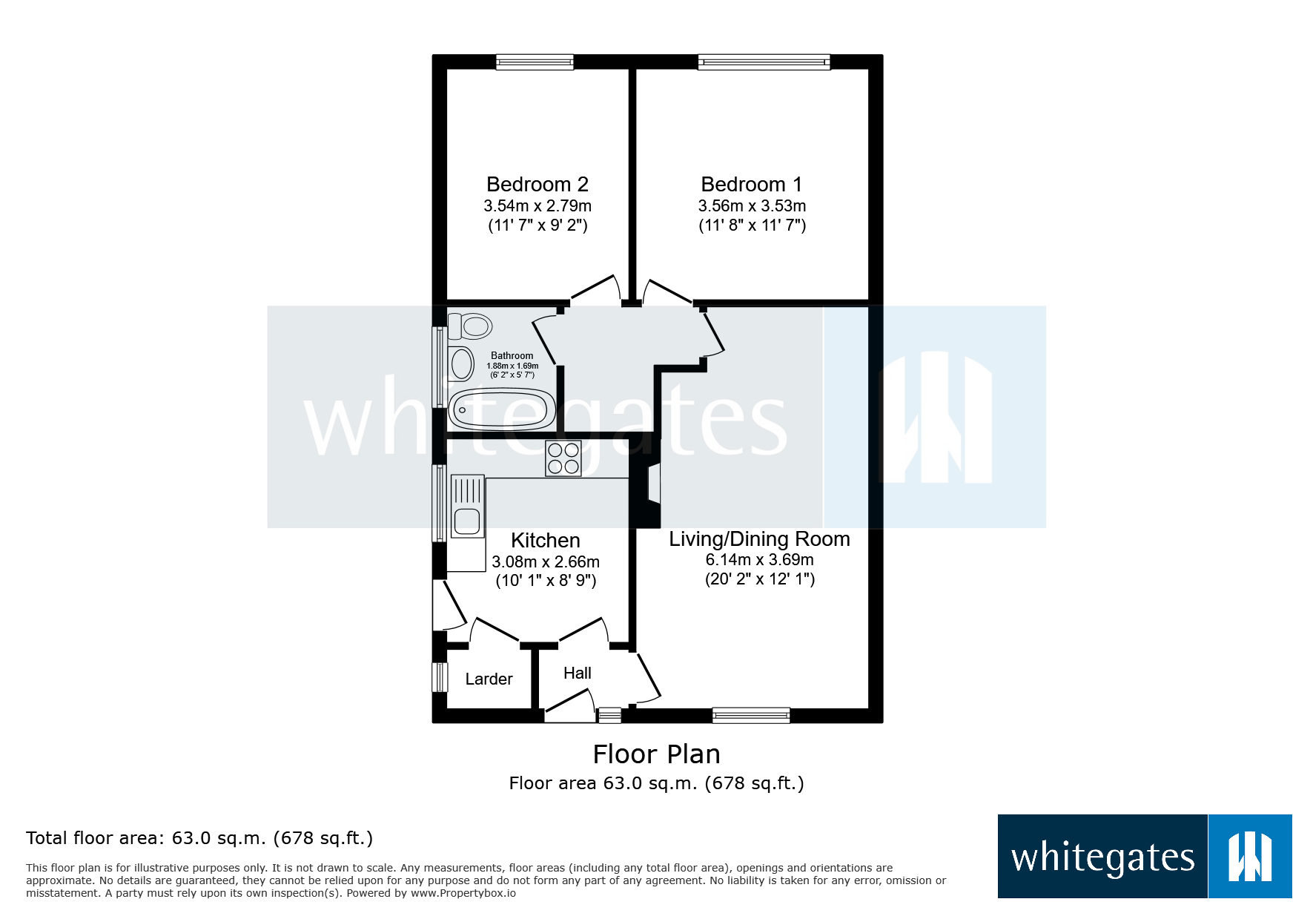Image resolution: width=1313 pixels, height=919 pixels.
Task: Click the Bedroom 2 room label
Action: pyautogui.click(x=537, y=184)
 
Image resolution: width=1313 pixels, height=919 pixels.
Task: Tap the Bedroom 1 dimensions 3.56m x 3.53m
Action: pyautogui.click(x=751, y=206)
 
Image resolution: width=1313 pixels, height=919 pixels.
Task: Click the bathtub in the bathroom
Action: pyautogui.click(x=502, y=409)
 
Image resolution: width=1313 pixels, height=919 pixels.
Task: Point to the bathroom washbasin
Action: pyautogui.click(x=461, y=364)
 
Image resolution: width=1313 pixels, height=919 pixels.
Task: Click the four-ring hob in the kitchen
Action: pyautogui.click(x=563, y=458)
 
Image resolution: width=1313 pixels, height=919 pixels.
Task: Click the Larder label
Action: pyautogui.click(x=489, y=679)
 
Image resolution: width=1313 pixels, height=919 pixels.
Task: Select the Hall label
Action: pyautogui.click(x=577, y=673)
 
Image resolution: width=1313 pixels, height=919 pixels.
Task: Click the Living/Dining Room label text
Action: pyautogui.click(x=759, y=539)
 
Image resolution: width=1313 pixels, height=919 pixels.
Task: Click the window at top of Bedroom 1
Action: pyautogui.click(x=764, y=62)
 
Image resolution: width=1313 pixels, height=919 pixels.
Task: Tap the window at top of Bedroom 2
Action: pyautogui.click(x=535, y=62)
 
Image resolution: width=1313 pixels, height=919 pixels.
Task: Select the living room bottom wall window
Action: pyautogui.click(x=750, y=715)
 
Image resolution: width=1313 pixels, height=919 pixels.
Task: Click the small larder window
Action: pyautogui.click(x=440, y=676)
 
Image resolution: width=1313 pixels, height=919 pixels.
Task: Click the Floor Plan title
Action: pyautogui.click(x=656, y=754)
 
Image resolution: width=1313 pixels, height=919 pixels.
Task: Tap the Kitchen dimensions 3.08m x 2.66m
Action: pyautogui.click(x=546, y=562)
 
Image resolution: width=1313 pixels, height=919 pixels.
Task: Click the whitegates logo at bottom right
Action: pyautogui.click(x=1144, y=857)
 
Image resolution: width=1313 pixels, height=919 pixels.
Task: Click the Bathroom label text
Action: pyautogui.click(x=512, y=356)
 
